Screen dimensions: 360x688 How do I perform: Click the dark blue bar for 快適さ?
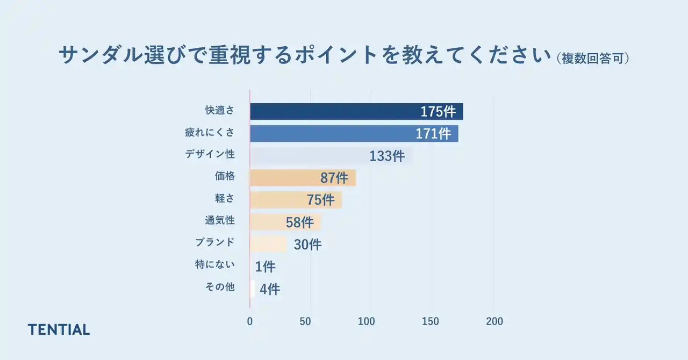point(333,111)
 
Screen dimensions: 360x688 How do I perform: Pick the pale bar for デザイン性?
point(306,156)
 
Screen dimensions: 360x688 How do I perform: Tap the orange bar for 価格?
point(285,178)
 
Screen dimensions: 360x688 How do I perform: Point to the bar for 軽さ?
point(277,200)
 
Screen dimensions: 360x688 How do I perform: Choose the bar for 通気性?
point(266,222)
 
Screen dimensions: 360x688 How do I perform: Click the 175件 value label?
point(438,112)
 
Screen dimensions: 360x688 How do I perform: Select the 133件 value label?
point(387,156)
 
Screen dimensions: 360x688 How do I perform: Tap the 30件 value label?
point(307,244)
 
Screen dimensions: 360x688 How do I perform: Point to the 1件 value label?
point(265,267)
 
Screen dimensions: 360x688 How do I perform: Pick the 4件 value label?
point(270,289)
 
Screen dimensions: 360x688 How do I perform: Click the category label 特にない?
point(215,264)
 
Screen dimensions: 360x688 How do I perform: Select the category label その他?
point(220,287)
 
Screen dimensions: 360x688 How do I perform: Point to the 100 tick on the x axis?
point(367,321)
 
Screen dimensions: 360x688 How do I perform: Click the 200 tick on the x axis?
point(494,321)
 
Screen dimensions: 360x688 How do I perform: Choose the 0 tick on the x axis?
point(250,321)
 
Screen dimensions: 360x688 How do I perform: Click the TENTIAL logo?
point(59,329)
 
